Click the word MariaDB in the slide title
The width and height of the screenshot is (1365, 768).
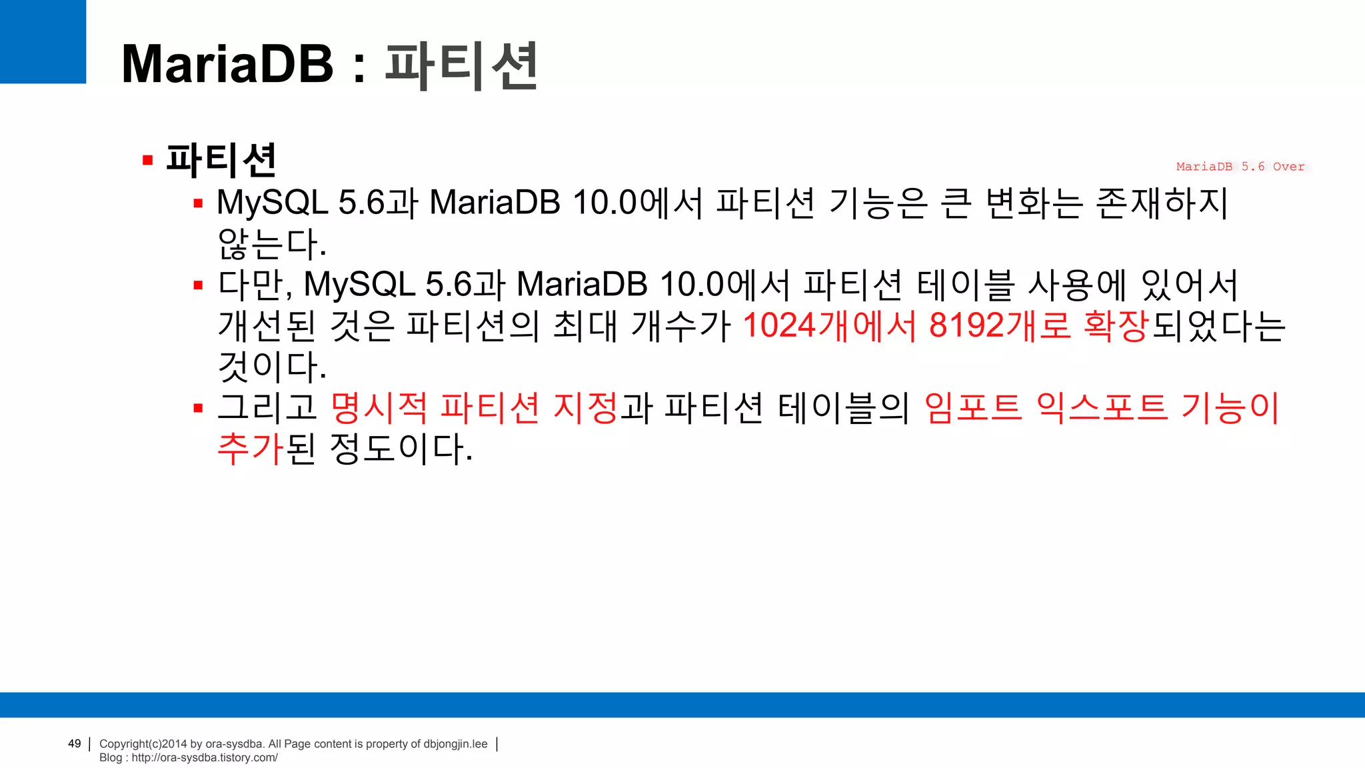pos(227,64)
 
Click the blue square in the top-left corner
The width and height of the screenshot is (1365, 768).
pos(43,41)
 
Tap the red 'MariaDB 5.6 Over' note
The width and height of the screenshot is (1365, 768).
pos(1240,167)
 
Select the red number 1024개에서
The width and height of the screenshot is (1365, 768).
pos(829,326)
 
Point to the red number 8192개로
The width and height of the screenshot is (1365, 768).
pos(1000,326)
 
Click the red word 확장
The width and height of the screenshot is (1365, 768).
pos(1116,326)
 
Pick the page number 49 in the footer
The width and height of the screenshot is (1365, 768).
pos(75,743)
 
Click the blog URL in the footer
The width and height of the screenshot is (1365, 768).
pos(204,757)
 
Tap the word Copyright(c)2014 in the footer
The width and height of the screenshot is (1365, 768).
pos(143,744)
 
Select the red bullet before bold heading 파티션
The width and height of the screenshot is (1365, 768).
pos(148,161)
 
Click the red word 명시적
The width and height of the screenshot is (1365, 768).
pos(379,408)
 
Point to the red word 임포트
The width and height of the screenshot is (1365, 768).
pos(973,408)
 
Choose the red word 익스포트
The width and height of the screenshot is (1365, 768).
pos(1102,408)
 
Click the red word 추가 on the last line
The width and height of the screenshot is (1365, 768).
pos(251,449)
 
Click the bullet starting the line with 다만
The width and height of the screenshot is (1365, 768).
pos(198,286)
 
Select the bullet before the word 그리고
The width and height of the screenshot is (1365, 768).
pos(198,408)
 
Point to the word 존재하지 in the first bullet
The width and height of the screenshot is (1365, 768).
pos(1161,203)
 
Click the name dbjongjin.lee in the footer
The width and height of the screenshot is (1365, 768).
pos(455,744)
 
